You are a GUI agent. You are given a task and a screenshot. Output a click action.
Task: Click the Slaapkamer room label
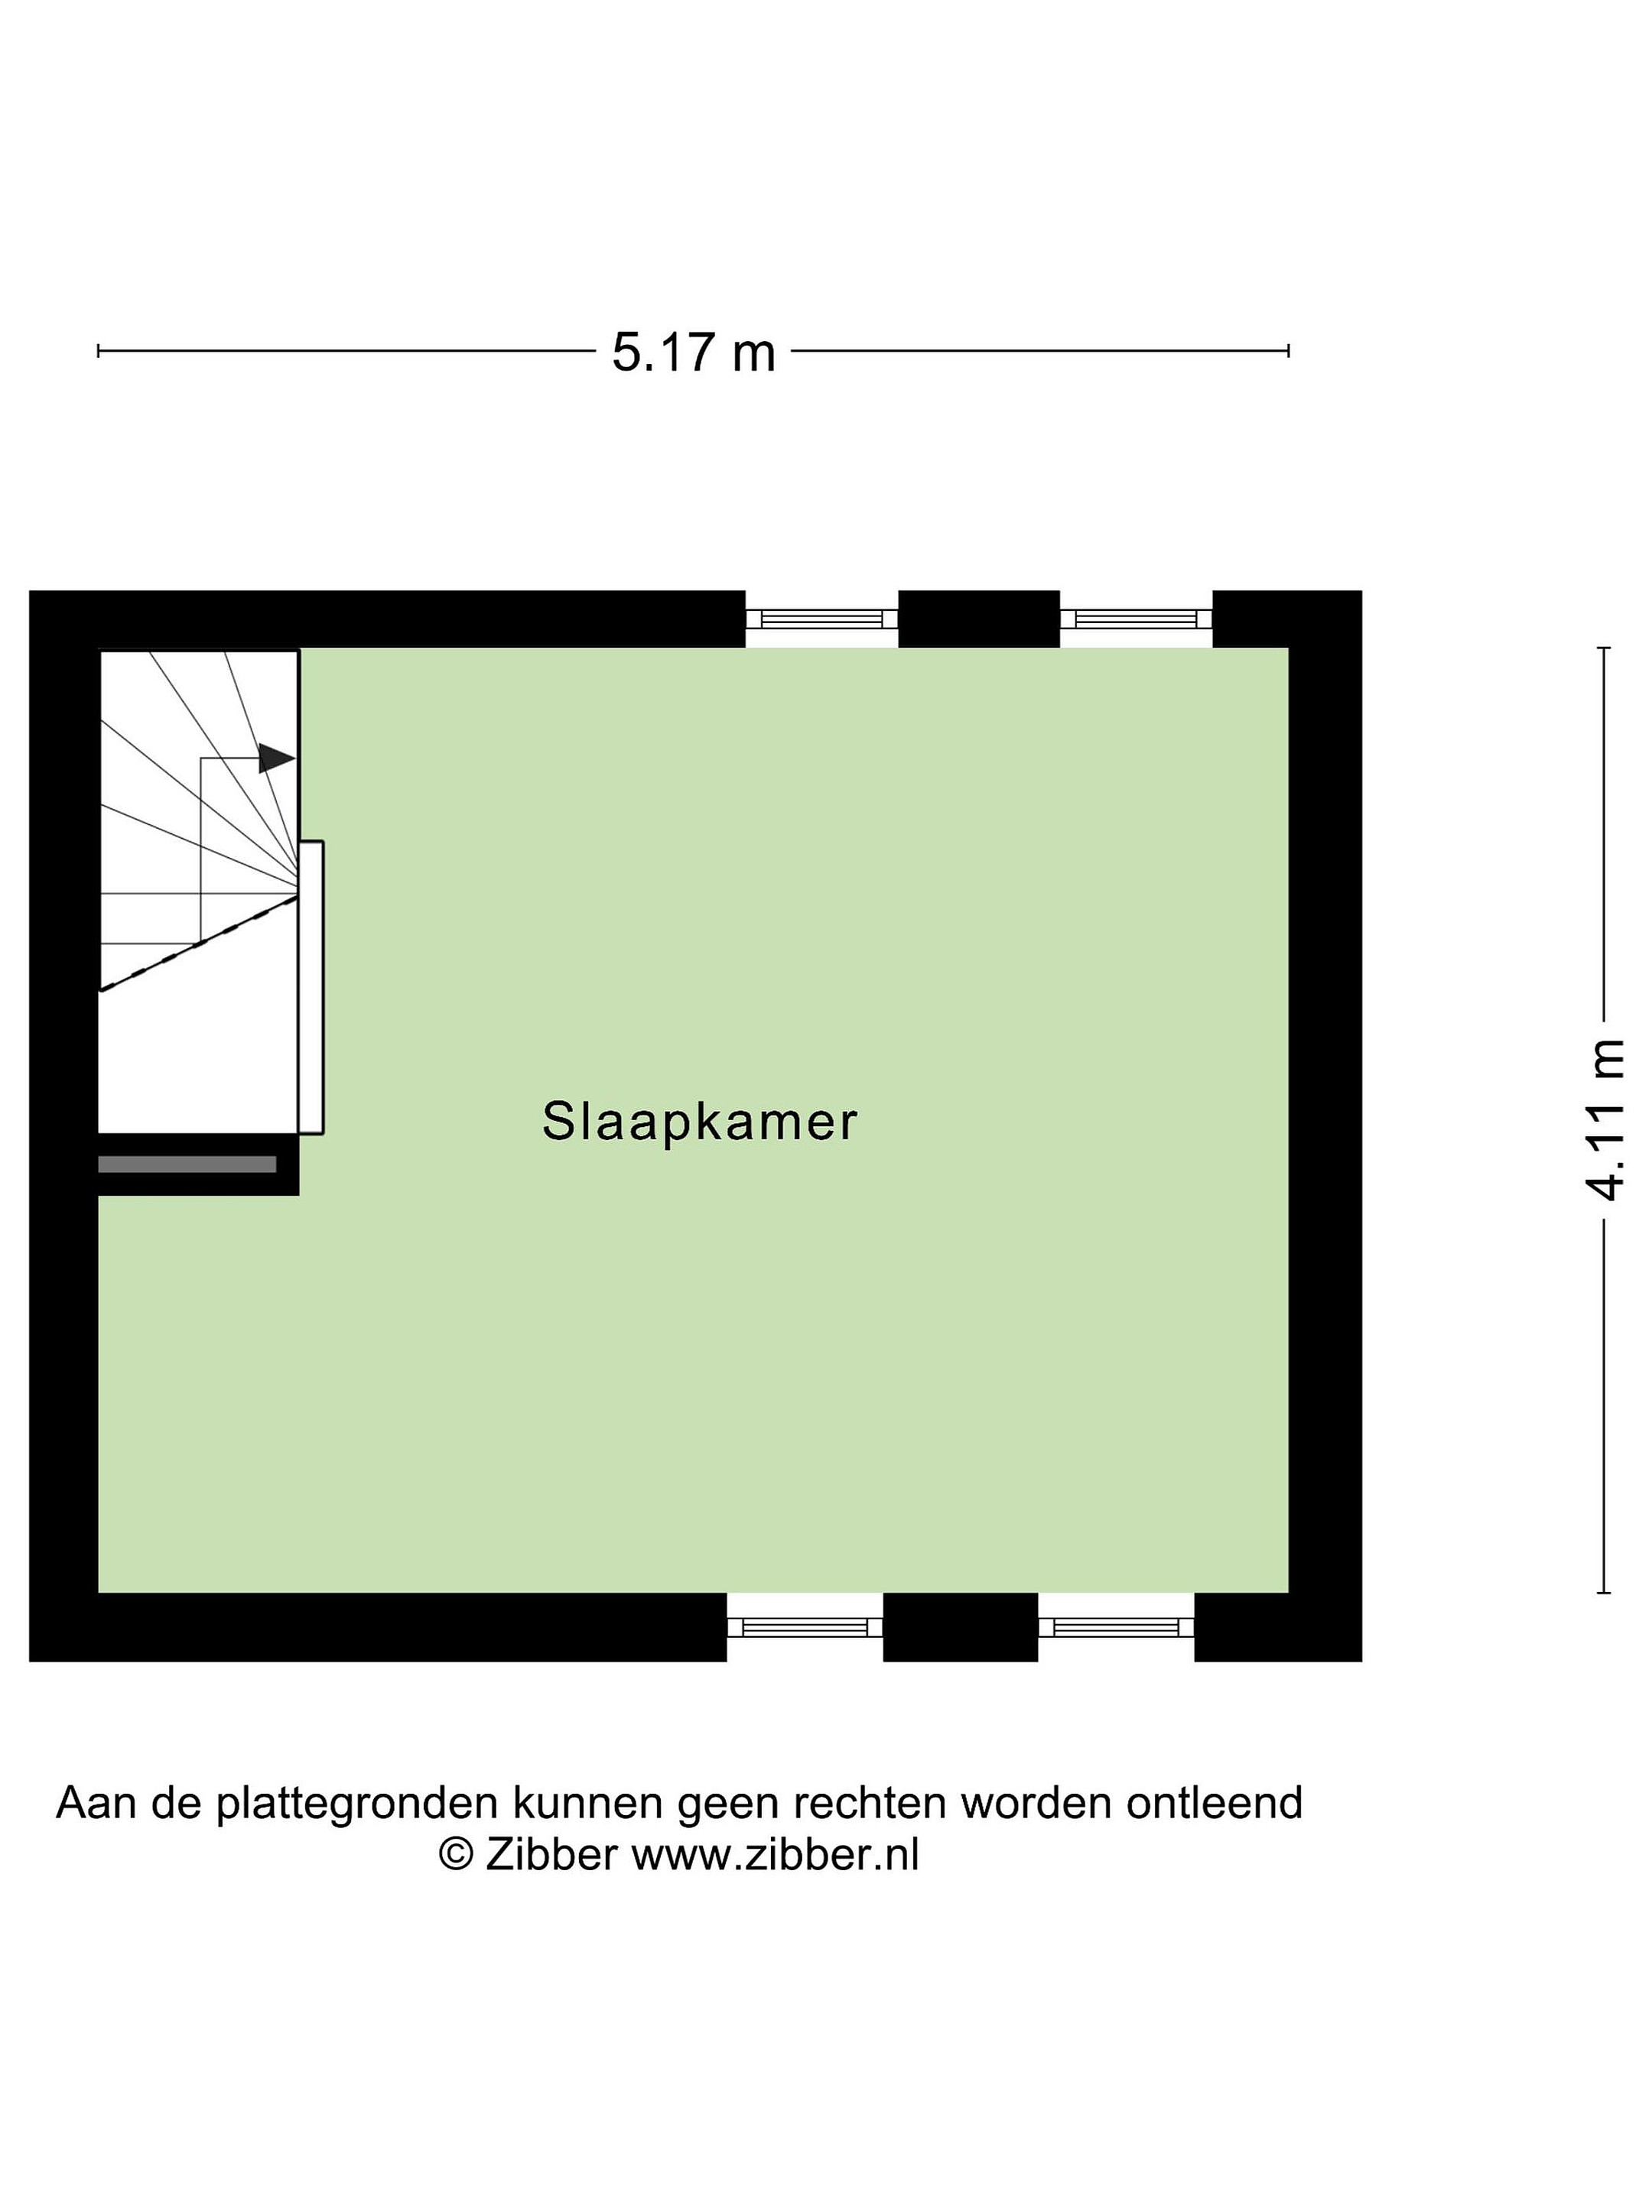[x=699, y=1122]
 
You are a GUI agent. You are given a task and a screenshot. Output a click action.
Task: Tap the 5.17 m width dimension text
[x=693, y=352]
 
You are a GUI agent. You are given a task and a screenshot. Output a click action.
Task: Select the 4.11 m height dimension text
[x=1605, y=1120]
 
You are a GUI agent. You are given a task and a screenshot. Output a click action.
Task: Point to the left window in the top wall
[x=821, y=619]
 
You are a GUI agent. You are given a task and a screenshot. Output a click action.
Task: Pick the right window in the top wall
[x=1137, y=619]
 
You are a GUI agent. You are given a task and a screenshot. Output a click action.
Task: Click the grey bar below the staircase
[x=187, y=1164]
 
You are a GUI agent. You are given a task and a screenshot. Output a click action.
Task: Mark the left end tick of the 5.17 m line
[x=99, y=350]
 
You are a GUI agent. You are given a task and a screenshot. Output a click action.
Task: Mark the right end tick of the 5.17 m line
[x=1289, y=350]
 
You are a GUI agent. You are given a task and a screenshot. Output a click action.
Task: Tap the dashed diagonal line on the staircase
[x=198, y=943]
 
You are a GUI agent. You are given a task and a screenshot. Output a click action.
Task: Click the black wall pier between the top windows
[x=979, y=619]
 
